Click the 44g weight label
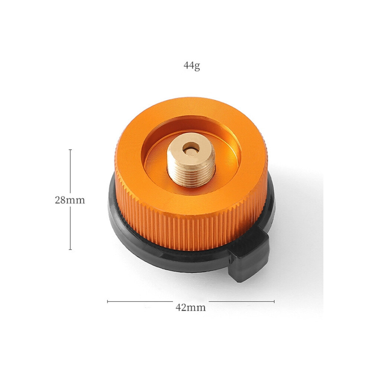pos(192,66)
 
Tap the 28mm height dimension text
pos(70,200)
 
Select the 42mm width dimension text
pos(191,307)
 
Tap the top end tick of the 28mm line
pos(70,149)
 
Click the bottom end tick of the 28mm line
pos(70,249)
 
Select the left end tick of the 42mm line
pos(107,301)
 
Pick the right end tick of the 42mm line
pos(274,301)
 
